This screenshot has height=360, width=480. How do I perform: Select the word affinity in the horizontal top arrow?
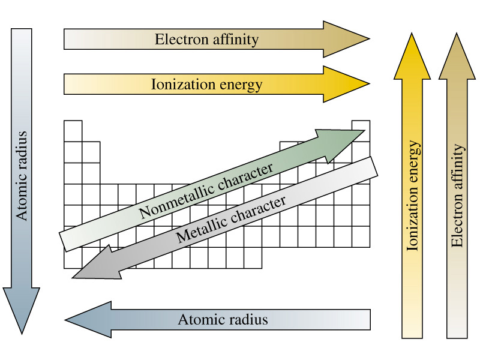tap(236, 40)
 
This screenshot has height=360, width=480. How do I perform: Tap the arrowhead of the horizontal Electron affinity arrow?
tap(347, 39)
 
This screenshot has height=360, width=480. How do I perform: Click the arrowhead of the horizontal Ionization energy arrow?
tap(347, 84)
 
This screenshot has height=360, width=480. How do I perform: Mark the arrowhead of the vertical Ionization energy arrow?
tap(412, 56)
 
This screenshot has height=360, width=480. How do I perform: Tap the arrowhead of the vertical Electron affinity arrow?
tap(457, 56)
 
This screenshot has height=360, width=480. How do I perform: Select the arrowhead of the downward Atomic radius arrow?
tap(22, 311)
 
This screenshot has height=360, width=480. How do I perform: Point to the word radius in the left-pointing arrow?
tap(247, 320)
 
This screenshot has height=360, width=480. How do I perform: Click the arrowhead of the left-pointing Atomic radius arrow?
tap(88, 320)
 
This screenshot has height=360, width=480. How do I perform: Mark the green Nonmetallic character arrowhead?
tap(340, 144)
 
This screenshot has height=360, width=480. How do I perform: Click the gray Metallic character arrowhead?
tap(97, 263)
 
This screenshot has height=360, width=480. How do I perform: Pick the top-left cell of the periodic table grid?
tap(73, 131)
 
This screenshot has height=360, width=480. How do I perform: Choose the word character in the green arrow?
tap(245, 176)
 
